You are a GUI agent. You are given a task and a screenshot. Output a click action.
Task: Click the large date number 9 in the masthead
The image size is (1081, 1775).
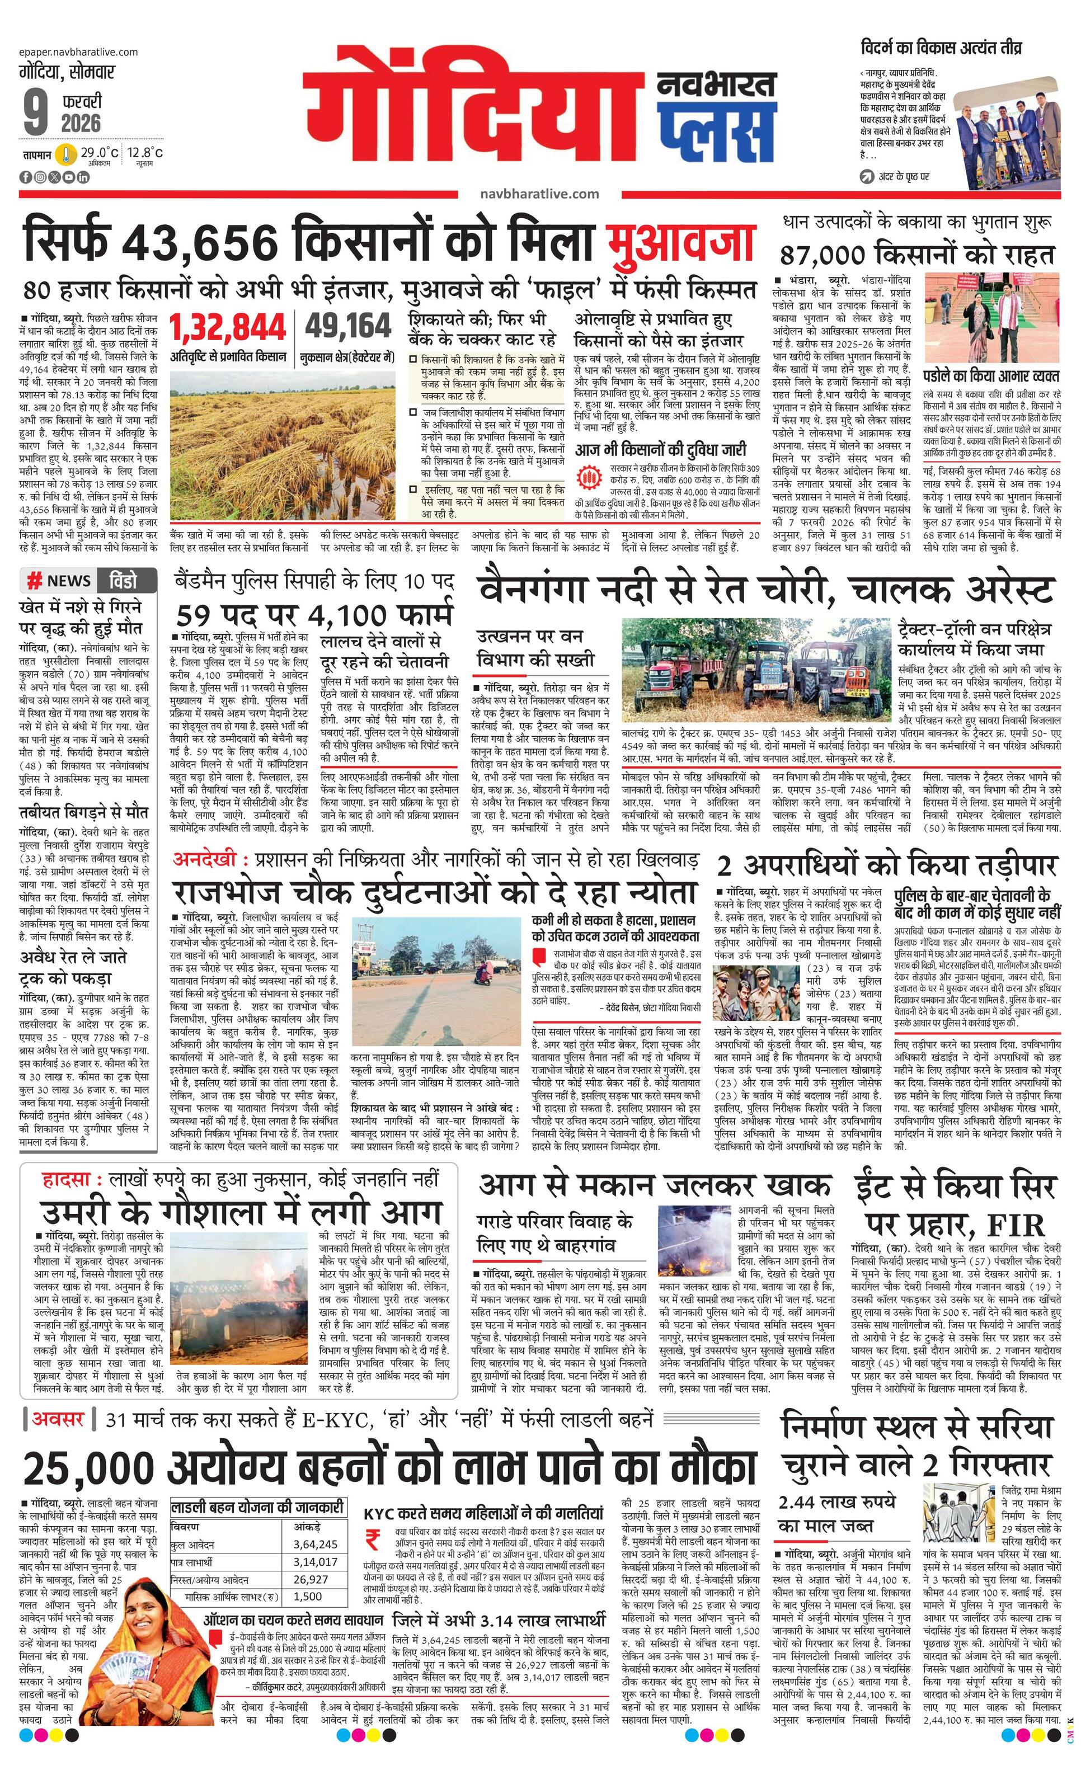(x=35, y=112)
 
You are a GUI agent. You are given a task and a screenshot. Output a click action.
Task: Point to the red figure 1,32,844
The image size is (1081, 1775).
(x=228, y=328)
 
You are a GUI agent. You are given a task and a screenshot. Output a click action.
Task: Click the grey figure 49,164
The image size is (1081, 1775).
(x=349, y=326)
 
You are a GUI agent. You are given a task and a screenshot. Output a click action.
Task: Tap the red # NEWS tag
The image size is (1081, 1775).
(x=60, y=581)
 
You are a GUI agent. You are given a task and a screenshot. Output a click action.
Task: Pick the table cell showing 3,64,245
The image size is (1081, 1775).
(x=315, y=1544)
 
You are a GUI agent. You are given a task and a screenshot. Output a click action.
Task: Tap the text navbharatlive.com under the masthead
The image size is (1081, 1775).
(x=539, y=194)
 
